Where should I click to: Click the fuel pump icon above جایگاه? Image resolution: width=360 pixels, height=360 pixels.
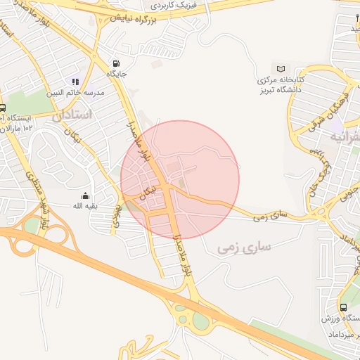(116, 63)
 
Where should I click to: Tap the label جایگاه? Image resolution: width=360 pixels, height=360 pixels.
(116, 73)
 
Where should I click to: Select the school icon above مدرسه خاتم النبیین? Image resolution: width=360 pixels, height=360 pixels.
(75, 82)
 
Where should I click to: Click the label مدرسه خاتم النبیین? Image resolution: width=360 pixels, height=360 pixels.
(75, 92)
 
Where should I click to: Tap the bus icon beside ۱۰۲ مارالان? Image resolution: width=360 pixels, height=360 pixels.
(3, 109)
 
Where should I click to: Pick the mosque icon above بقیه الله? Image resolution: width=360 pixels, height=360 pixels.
(86, 196)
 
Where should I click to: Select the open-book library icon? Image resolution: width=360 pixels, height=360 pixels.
(281, 69)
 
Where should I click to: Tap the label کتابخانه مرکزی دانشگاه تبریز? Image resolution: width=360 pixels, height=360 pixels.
(279, 84)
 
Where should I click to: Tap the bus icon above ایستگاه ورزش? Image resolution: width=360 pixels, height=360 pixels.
(342, 307)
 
